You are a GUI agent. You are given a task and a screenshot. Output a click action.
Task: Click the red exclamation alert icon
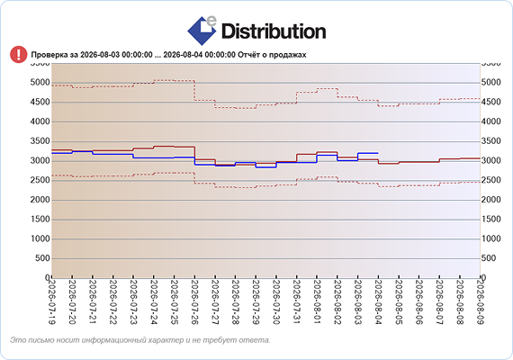pyautogui.click(x=19, y=54)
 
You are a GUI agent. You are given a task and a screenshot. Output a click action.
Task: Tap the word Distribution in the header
pyautogui.click(x=274, y=31)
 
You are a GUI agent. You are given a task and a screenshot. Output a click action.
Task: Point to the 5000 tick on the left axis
pyautogui.click(x=40, y=83)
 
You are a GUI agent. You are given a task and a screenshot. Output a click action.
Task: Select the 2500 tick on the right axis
pyautogui.click(x=490, y=180)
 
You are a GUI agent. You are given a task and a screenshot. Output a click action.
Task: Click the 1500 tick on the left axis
pyautogui.click(x=40, y=220)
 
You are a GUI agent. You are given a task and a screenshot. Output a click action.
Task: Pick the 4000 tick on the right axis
pyautogui.click(x=490, y=121)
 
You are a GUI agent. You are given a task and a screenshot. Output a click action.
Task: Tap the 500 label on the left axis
pyautogui.click(x=42, y=258)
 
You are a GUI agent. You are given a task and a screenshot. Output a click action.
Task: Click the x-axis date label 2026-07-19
pyautogui.click(x=51, y=301)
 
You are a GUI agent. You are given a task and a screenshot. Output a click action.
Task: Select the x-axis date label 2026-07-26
pyautogui.click(x=194, y=301)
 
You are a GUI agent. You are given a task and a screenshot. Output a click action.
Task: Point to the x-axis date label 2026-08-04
pyautogui.click(x=379, y=301)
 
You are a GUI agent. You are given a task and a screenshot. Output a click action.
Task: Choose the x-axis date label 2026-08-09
pyautogui.click(x=481, y=301)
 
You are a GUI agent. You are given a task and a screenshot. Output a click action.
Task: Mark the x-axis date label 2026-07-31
pyautogui.click(x=297, y=301)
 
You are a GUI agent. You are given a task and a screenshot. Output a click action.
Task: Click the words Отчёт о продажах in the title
pyautogui.click(x=272, y=55)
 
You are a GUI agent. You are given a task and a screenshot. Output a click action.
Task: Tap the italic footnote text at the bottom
pyautogui.click(x=140, y=340)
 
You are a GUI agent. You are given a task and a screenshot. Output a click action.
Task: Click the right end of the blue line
pyautogui.click(x=378, y=153)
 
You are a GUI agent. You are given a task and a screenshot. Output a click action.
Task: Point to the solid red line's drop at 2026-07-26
pyautogui.click(x=195, y=153)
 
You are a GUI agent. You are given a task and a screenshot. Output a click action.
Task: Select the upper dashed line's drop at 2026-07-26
pyautogui.click(x=195, y=90)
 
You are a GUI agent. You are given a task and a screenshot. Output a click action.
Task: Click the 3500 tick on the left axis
pyautogui.click(x=40, y=141)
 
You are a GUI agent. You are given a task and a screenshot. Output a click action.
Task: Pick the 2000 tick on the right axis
pyautogui.click(x=490, y=200)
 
